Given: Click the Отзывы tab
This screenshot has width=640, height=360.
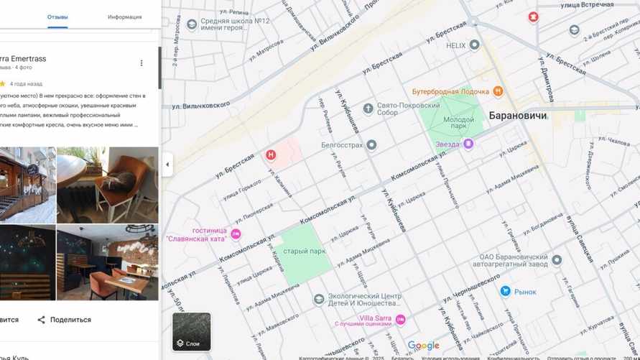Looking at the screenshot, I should (57, 17).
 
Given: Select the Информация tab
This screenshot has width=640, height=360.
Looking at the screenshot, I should (124, 17).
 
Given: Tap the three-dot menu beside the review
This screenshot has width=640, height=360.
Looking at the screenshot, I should (142, 63).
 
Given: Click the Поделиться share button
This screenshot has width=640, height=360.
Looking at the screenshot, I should (64, 320).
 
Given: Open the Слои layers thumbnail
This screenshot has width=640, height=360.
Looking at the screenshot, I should (192, 331).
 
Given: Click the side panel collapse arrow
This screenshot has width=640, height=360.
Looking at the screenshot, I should (167, 165).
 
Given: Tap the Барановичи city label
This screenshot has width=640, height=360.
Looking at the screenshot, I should (518, 115).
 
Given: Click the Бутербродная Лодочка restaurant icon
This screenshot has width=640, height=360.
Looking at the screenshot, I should (498, 92).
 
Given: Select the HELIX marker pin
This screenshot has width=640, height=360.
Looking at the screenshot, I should (474, 45).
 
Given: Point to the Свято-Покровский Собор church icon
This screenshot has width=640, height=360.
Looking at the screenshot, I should (368, 109).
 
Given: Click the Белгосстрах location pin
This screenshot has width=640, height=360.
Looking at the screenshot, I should (371, 145).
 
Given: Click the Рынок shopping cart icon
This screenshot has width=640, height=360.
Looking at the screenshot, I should (505, 291).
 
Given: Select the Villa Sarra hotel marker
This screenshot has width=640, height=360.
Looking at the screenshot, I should (401, 319).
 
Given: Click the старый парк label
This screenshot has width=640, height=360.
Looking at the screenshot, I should (305, 251).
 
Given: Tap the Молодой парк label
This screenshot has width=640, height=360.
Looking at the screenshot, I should (458, 124).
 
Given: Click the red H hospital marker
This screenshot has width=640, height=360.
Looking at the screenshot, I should (271, 154).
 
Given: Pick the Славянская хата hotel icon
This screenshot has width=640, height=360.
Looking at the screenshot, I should (236, 234).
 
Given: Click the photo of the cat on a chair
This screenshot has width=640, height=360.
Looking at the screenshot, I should (108, 185).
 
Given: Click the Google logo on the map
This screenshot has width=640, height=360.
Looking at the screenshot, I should (423, 346).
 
